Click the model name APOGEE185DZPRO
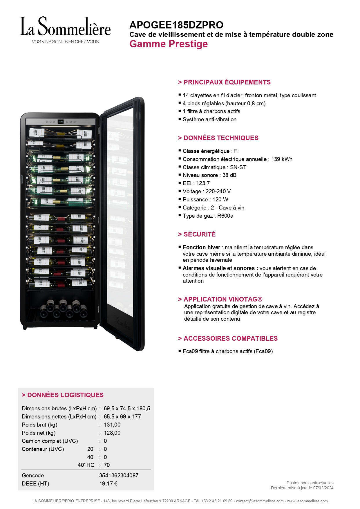tap(176, 25)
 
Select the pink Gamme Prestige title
tap(169, 44)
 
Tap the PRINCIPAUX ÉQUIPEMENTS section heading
tap(224, 82)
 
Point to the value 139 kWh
tap(282, 159)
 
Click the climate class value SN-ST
tap(238, 167)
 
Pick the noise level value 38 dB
tap(229, 175)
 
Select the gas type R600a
tap(225, 216)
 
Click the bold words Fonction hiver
tap(201, 247)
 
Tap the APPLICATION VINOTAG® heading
tap(220, 299)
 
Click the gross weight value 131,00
tap(112, 425)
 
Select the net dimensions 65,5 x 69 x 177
tap(122, 416)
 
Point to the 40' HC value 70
tap(107, 465)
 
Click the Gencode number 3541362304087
tap(119, 475)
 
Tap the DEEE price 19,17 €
tap(108, 483)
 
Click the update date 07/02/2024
tap(323, 488)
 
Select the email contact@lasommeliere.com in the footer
tap(260, 501)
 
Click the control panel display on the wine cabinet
tap(61, 122)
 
